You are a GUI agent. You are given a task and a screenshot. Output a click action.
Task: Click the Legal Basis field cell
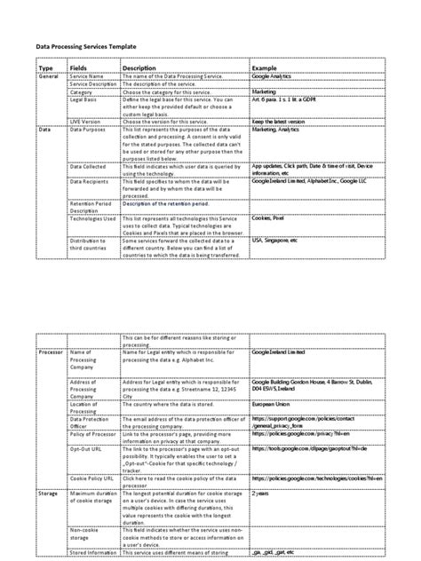pos(85,99)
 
